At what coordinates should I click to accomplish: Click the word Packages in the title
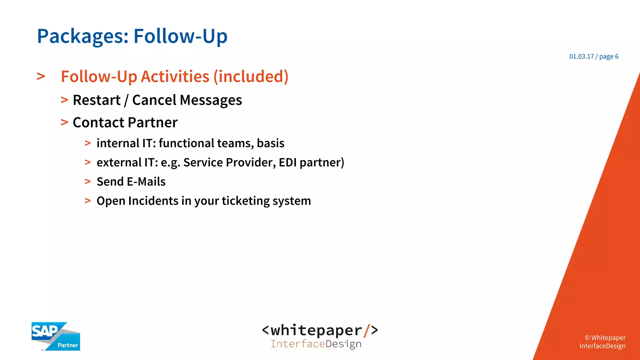(82, 37)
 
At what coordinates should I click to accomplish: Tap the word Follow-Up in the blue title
(180, 36)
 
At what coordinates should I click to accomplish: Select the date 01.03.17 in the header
(581, 57)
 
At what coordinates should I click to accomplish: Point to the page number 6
(617, 57)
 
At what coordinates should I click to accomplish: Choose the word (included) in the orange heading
(251, 77)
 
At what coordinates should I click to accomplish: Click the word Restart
(97, 100)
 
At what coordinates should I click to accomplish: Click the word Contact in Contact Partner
(98, 122)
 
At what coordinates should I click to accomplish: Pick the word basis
(271, 143)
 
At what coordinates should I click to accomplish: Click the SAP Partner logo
(56, 337)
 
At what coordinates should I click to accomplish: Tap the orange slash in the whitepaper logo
(366, 331)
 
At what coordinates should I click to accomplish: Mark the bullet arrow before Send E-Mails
(88, 182)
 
